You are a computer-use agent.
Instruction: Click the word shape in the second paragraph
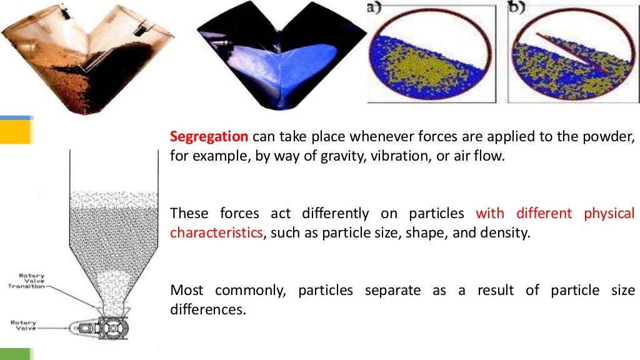[x=432, y=233]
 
